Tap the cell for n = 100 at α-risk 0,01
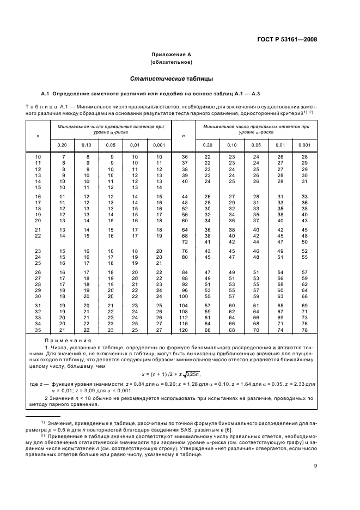pos(280,296)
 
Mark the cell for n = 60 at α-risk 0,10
pos(231,220)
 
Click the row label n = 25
pos(38,263)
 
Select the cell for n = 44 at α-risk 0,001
pos(304,196)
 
